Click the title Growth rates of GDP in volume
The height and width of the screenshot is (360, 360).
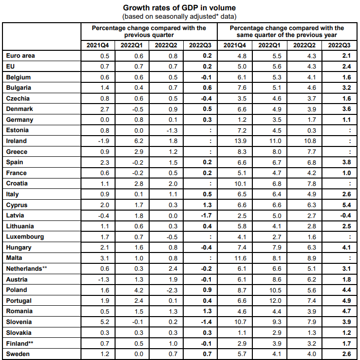coord(179,8)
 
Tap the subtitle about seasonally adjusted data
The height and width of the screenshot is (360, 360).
coord(179,17)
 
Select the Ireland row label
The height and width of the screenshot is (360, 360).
coord(16,141)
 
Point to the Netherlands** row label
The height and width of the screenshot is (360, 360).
coord(27,269)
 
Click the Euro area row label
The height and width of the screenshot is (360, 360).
coord(20,56)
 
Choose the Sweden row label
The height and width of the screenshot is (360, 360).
coord(18,354)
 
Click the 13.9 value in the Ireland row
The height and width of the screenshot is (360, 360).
coord(240,141)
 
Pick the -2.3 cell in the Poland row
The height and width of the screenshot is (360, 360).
coord(172,290)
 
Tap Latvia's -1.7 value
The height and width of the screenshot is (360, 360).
coord(206,216)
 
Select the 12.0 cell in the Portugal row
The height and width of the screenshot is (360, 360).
coord(275,301)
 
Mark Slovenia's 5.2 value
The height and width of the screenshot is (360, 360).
coord(105,322)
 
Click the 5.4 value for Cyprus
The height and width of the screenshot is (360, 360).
coord(347,205)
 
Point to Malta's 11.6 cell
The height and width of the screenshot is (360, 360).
coord(240,258)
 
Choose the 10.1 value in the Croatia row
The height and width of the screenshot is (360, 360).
coord(240,183)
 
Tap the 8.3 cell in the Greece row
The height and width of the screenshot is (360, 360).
coord(242,152)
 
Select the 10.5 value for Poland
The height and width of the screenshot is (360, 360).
coord(275,290)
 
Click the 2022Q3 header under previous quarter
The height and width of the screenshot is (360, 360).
coord(200,45)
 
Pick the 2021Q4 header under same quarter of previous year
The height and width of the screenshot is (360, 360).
coord(235,45)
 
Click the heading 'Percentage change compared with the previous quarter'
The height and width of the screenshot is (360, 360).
coord(149,32)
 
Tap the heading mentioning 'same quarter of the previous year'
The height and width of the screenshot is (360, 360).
coord(287,32)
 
